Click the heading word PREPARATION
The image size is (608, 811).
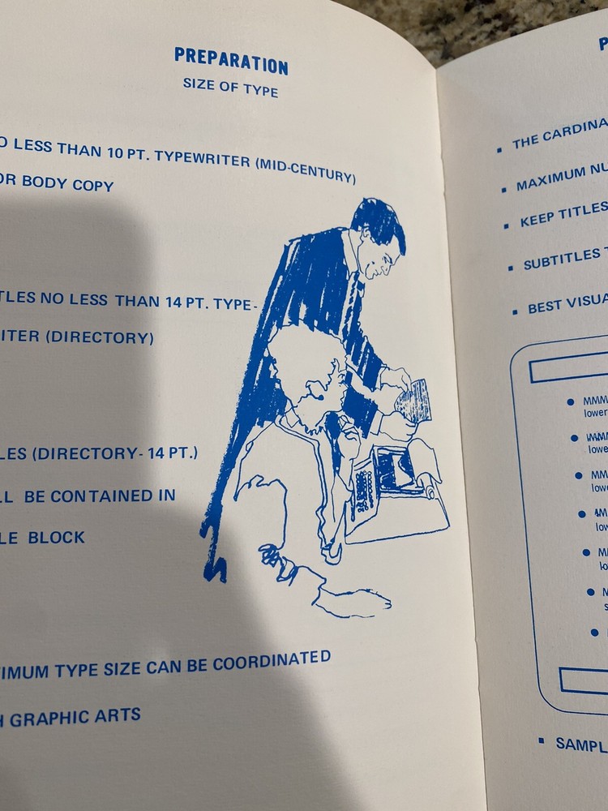(x=231, y=60)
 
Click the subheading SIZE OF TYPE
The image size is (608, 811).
(x=230, y=87)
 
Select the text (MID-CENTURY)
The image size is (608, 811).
(x=306, y=170)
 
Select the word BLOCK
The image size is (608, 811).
(x=56, y=537)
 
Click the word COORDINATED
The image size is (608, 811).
(x=272, y=661)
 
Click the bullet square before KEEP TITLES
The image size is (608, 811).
(x=505, y=225)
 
